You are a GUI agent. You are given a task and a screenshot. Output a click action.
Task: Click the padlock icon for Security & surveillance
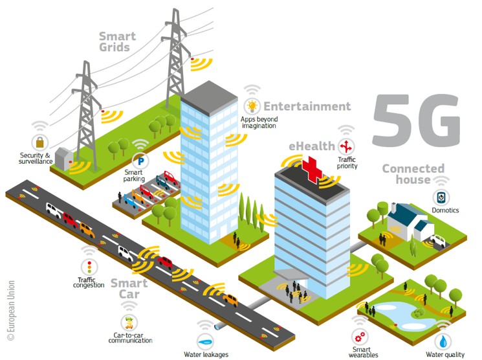pyautogui.click(x=40, y=142)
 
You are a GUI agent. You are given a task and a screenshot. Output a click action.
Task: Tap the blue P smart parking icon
pyautogui.click(x=141, y=161)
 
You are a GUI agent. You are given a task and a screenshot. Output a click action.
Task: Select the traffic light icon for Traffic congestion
pyautogui.click(x=89, y=267)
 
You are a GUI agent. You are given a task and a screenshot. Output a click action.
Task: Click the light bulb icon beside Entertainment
pyautogui.click(x=252, y=106)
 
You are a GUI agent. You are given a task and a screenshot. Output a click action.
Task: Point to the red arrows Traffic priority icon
pyautogui.click(x=346, y=146)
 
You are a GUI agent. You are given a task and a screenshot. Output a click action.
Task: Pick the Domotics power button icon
pyautogui.click(x=441, y=197)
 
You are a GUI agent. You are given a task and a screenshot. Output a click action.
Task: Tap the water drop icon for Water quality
pyautogui.click(x=443, y=341)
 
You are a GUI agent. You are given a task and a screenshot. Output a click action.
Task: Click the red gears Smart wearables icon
pyautogui.click(x=360, y=337)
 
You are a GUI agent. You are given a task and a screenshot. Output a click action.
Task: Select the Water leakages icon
pyautogui.click(x=205, y=341)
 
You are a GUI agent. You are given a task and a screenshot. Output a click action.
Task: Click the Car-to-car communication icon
pyautogui.click(x=129, y=322)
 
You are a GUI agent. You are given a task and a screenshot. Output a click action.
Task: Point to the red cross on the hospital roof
pyautogui.click(x=312, y=170)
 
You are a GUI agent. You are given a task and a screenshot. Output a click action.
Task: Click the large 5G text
pyautogui.click(x=417, y=120)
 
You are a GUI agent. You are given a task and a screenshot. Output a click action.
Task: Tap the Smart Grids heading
pyautogui.click(x=117, y=41)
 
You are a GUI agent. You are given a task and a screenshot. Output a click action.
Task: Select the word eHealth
pyautogui.click(x=312, y=146)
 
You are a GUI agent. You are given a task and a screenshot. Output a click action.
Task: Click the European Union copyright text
pyautogui.click(x=11, y=310)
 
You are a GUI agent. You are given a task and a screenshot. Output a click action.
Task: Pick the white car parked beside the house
pyautogui.click(x=438, y=241)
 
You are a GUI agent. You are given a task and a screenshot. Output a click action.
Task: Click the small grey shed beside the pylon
pyautogui.click(x=64, y=159)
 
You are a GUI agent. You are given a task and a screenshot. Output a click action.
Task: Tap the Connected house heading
pyautogui.click(x=413, y=174)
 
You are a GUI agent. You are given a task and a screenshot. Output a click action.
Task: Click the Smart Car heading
pyautogui.click(x=129, y=289)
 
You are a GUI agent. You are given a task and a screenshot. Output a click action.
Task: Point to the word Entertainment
pyautogui.click(x=307, y=106)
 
